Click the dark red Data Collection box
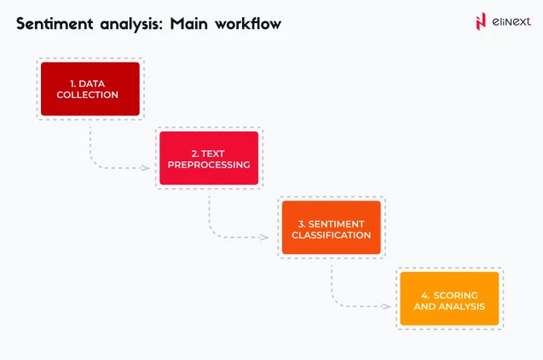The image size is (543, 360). [90, 89]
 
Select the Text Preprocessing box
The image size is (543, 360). [209, 158]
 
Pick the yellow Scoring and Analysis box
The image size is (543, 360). [449, 299]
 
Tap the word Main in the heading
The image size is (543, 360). [188, 24]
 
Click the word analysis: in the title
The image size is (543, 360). [132, 24]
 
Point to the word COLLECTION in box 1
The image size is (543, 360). [90, 95]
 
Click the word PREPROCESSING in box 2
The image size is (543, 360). [210, 164]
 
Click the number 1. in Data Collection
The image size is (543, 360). [74, 84]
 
